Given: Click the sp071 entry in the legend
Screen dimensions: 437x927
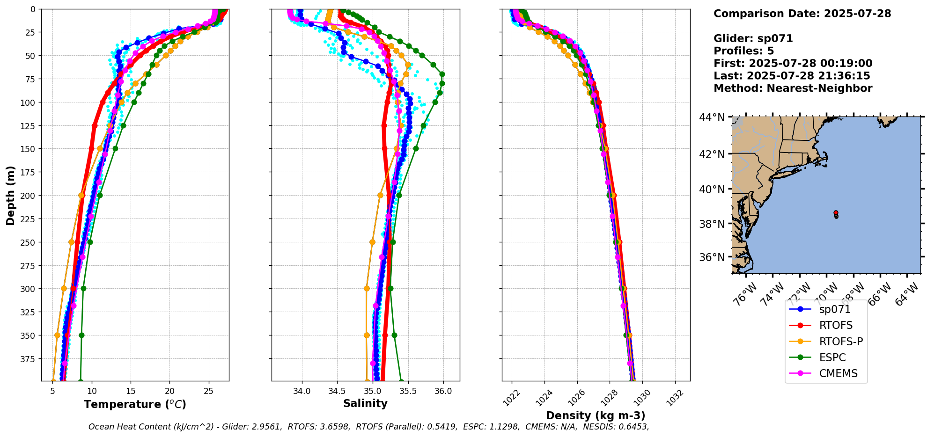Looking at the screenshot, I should click(x=834, y=309).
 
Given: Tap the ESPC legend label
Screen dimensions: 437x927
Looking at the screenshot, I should click(x=832, y=357).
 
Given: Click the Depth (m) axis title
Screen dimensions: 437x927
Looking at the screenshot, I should click(x=10, y=195).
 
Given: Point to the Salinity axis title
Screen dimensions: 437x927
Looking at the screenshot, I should click(x=365, y=404).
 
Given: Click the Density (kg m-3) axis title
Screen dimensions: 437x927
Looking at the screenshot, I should click(x=596, y=415).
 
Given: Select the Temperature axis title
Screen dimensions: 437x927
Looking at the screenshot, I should click(x=135, y=404).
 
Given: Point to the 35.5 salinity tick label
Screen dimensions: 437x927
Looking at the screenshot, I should click(x=408, y=391).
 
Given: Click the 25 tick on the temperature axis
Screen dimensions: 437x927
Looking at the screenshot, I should click(x=209, y=391).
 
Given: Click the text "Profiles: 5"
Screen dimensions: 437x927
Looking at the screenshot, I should click(x=743, y=51).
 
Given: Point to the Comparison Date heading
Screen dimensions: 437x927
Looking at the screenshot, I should click(x=802, y=14).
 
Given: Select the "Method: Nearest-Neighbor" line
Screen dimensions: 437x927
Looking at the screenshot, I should click(x=793, y=88).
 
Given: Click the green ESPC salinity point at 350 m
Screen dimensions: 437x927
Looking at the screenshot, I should click(x=394, y=335).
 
